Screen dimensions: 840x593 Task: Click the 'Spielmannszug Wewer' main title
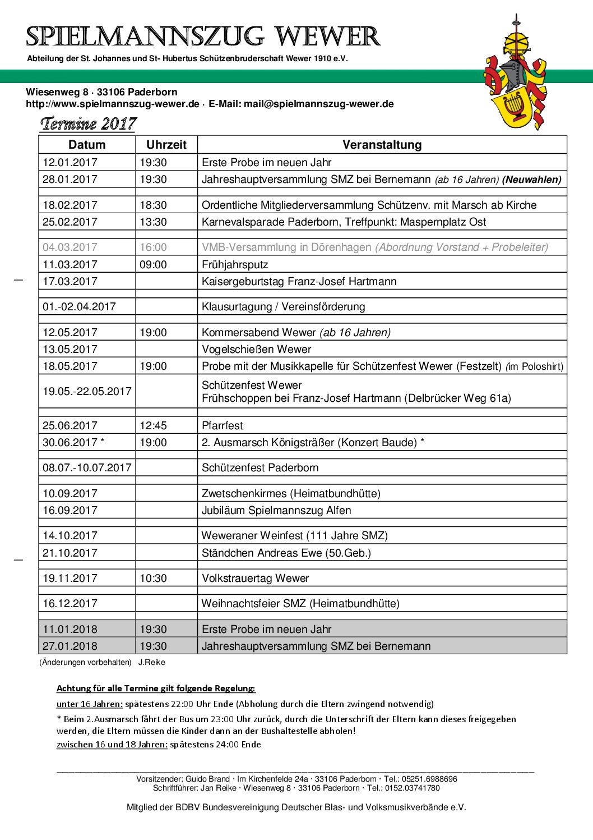(203, 37)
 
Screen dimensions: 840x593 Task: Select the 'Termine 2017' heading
(88, 123)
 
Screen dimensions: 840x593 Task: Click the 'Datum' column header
(87, 145)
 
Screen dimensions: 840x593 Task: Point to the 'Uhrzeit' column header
(166, 145)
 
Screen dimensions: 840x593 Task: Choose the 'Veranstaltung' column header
(382, 145)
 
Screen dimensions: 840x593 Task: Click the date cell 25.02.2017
(70, 222)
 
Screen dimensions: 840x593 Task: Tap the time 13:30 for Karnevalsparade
(153, 222)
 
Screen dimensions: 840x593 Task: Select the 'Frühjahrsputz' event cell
(235, 264)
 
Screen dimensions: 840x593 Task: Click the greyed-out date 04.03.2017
(70, 247)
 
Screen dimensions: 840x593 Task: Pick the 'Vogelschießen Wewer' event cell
(256, 349)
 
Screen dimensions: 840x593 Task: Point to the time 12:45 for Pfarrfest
(153, 425)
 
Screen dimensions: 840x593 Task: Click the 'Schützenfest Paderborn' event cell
(260, 467)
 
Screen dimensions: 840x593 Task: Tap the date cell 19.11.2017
(70, 578)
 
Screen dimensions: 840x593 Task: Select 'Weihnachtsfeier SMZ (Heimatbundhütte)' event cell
(300, 603)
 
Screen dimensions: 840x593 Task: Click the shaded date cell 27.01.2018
(70, 646)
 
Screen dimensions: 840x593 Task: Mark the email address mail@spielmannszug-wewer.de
(318, 104)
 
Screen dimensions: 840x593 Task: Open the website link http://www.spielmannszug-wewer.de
(113, 104)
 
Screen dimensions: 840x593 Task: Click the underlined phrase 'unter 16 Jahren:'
(90, 704)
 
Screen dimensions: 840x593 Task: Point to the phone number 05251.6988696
(429, 779)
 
